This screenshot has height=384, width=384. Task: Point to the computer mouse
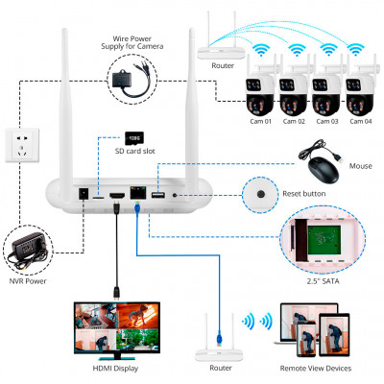coord(321,170)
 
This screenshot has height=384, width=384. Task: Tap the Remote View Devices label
coord(314,369)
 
